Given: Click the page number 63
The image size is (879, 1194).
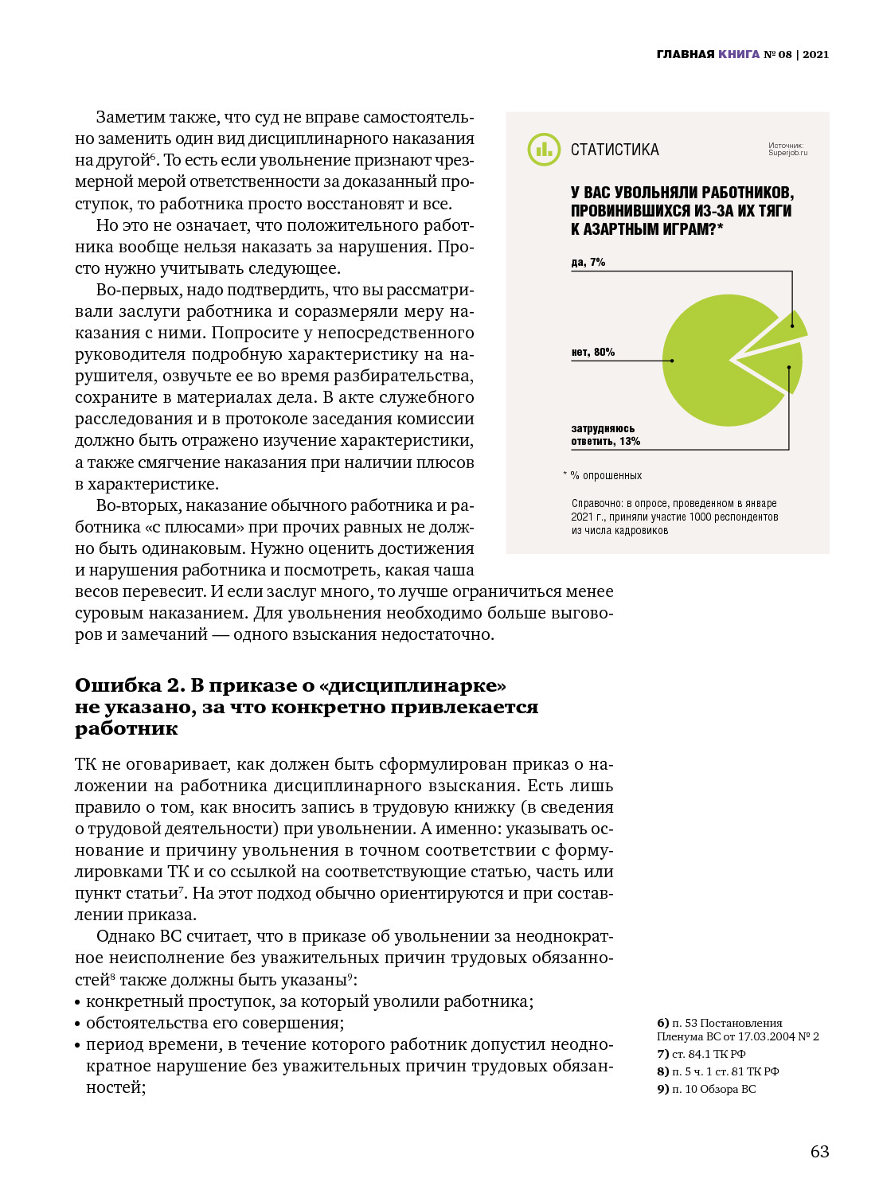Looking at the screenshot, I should (819, 1152).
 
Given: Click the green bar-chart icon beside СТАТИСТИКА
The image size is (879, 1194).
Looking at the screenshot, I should (544, 150).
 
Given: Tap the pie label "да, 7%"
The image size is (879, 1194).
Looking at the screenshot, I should (588, 262).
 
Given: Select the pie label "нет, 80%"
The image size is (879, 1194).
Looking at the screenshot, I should (592, 352).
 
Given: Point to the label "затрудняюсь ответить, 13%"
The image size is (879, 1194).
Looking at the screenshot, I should (605, 435).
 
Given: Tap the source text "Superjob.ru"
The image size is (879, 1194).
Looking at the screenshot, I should (787, 153).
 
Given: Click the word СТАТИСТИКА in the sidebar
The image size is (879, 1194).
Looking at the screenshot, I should (615, 150).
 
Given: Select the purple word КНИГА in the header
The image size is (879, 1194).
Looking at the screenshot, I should (739, 54).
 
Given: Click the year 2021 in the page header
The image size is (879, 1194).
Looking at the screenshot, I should (815, 54).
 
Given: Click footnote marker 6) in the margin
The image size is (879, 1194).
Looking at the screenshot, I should (662, 1023).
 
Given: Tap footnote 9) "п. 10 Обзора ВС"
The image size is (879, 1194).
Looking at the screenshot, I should (706, 1089).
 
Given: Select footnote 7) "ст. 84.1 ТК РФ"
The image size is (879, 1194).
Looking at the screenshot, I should (701, 1054).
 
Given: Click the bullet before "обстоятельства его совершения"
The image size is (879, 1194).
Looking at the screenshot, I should (78, 1024).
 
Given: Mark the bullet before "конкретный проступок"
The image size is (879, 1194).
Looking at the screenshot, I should (78, 1003).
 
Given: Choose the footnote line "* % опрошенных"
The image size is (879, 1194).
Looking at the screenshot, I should (603, 475).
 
